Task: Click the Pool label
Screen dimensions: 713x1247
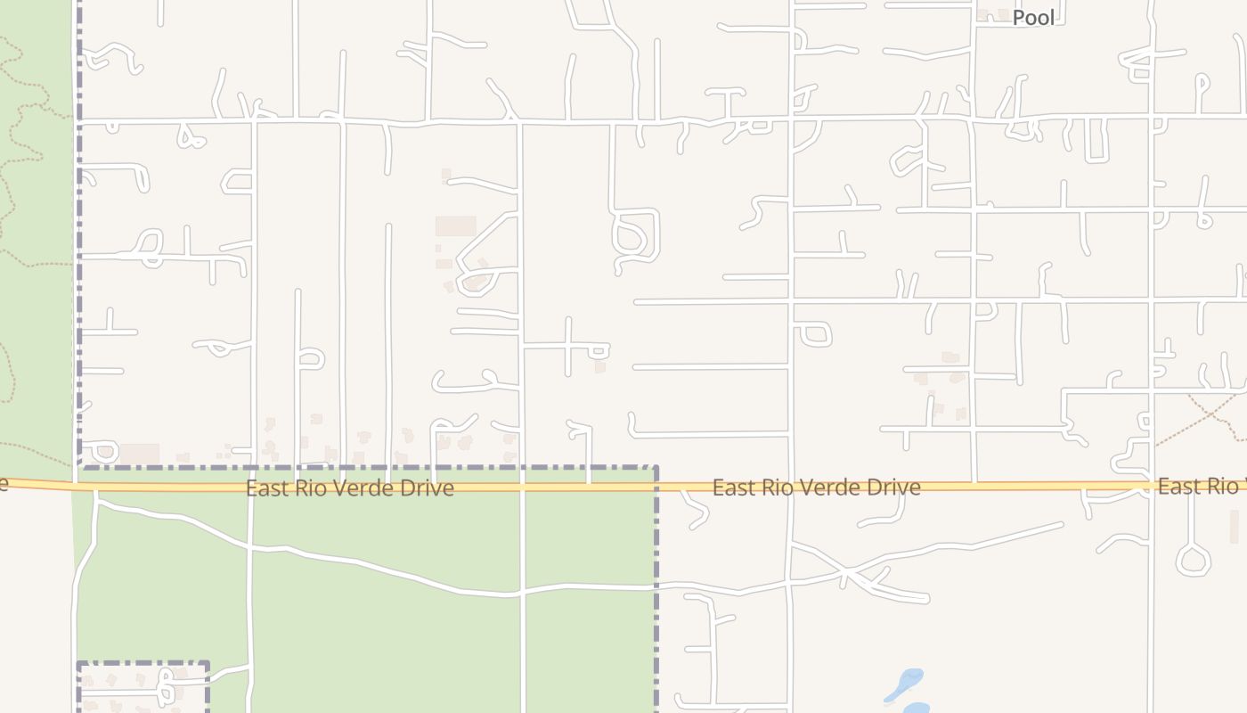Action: click(x=1033, y=18)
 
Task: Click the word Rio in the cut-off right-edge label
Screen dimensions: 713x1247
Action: click(x=1221, y=486)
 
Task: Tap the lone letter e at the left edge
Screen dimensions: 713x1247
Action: click(x=4, y=483)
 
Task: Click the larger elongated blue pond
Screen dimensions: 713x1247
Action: click(x=905, y=684)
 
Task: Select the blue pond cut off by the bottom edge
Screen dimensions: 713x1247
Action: click(x=915, y=709)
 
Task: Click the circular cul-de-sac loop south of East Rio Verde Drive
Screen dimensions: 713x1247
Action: click(x=1193, y=560)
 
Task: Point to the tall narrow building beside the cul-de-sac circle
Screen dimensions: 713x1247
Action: click(x=1234, y=527)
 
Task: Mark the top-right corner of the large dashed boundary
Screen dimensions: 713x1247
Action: click(x=656, y=467)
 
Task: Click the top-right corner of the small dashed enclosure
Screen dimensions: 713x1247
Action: click(x=208, y=663)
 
